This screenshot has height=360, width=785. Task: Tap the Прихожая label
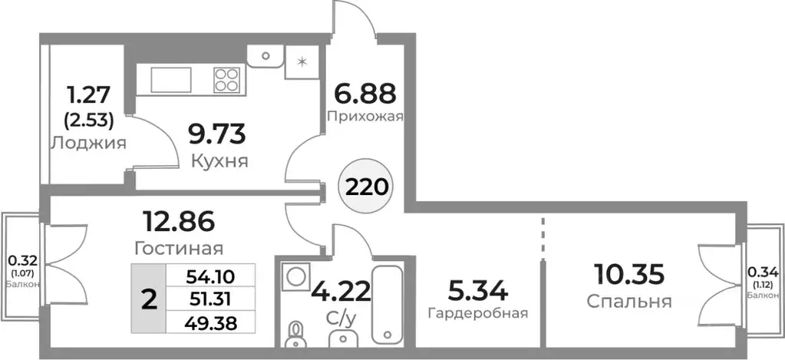(x=364, y=117)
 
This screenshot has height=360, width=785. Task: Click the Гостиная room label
(x=178, y=249)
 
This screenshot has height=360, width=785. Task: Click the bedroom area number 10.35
(x=628, y=273)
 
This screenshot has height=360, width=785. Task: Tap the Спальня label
(x=629, y=302)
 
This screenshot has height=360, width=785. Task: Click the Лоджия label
(x=88, y=143)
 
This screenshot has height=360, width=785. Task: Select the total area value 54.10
(x=209, y=275)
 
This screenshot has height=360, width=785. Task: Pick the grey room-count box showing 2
(x=149, y=299)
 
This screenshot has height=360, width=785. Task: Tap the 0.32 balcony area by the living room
(x=21, y=259)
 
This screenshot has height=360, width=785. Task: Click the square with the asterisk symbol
(x=302, y=62)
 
